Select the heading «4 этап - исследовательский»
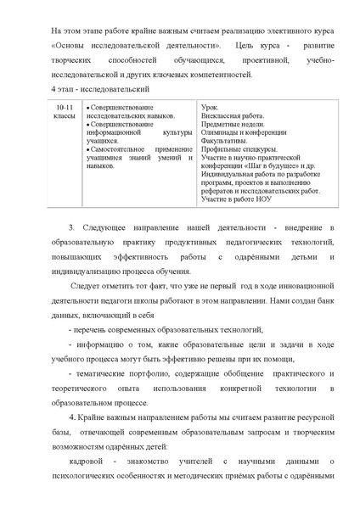pyautogui.click(x=88, y=88)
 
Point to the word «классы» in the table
pyautogui.click(x=65, y=118)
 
